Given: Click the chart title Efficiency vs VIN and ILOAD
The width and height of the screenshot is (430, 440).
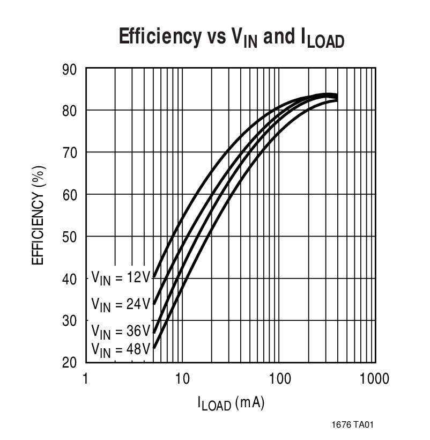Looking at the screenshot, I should coord(231,39).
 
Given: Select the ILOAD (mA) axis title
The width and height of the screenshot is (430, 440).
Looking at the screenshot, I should coord(230,404).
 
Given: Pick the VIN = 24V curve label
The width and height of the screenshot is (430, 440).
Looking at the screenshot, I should coord(121,304).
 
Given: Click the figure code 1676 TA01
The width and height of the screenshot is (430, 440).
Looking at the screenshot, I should coord(352,424).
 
